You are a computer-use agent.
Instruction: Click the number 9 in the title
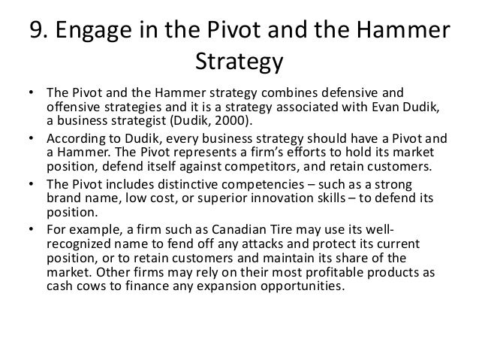pyautogui.click(x=35, y=31)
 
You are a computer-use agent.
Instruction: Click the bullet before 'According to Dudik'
pyautogui.click(x=30, y=139)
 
